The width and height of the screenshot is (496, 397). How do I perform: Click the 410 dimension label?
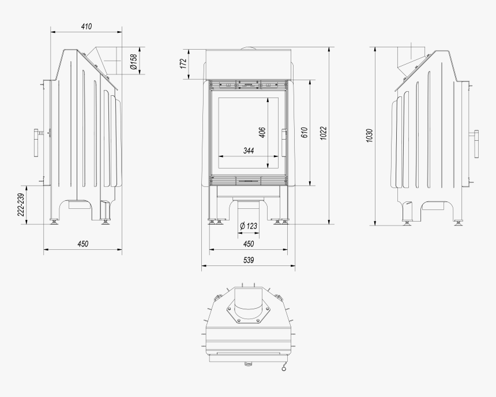click(x=87, y=27)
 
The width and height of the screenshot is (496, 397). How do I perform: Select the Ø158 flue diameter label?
click(x=133, y=62)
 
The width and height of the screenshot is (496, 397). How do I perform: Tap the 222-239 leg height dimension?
click(x=21, y=205)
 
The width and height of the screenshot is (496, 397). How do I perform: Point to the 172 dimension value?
click(x=183, y=63)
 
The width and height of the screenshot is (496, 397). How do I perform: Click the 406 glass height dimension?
click(x=262, y=132)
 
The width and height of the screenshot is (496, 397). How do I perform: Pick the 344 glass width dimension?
click(x=248, y=151)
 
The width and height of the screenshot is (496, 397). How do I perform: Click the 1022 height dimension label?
click(x=324, y=133)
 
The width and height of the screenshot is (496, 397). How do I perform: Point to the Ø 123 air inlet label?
click(x=248, y=225)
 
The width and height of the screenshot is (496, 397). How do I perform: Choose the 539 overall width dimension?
click(x=248, y=261)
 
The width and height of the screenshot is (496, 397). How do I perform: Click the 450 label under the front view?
click(x=248, y=244)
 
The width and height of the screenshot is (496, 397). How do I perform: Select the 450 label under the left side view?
click(x=83, y=244)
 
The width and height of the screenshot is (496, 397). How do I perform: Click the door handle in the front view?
click(x=284, y=142)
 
